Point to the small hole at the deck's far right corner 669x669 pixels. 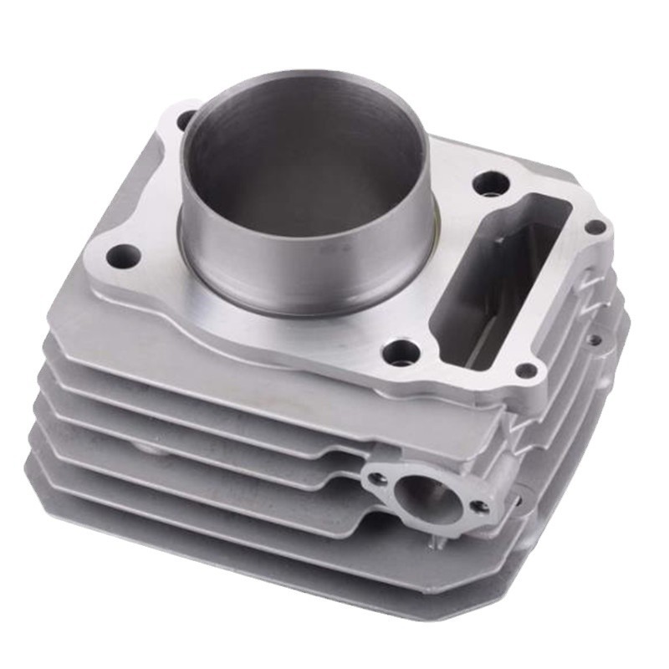coord(595,227)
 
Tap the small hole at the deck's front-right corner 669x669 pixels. coord(526,370)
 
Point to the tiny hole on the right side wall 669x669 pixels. coord(594,340)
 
